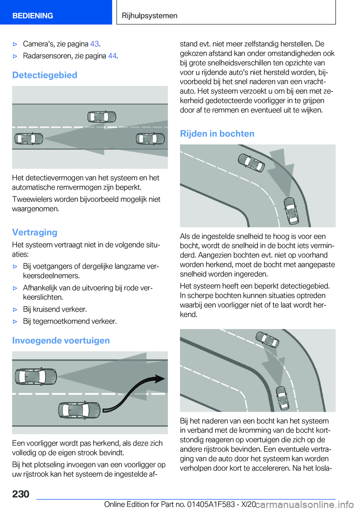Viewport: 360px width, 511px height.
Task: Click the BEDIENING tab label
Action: point(33,16)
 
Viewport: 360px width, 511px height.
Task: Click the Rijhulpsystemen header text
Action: point(150,16)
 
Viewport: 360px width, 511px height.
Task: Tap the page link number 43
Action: point(94,44)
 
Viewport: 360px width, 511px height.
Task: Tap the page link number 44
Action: point(112,56)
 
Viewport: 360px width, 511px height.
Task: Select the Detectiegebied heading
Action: point(45,75)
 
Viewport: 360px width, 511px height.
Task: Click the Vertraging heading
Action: point(34,232)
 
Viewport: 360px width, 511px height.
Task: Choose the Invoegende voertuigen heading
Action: point(61,340)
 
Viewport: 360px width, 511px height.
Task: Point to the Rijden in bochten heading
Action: point(217,134)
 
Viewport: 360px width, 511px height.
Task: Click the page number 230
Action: point(21,494)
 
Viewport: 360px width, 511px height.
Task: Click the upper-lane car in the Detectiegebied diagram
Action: point(102,117)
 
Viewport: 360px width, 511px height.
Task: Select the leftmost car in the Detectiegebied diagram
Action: point(28,139)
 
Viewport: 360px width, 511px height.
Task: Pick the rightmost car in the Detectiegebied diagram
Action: point(150,139)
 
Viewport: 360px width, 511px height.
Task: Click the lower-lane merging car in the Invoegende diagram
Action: point(79,410)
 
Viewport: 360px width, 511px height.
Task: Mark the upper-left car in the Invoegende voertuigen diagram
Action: point(36,376)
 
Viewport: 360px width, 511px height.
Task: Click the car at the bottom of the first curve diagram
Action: point(291,210)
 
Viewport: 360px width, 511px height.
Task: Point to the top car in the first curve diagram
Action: point(251,162)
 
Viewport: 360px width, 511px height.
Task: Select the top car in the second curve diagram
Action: point(267,339)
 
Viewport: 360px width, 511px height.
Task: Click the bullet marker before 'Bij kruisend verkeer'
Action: point(15,310)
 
